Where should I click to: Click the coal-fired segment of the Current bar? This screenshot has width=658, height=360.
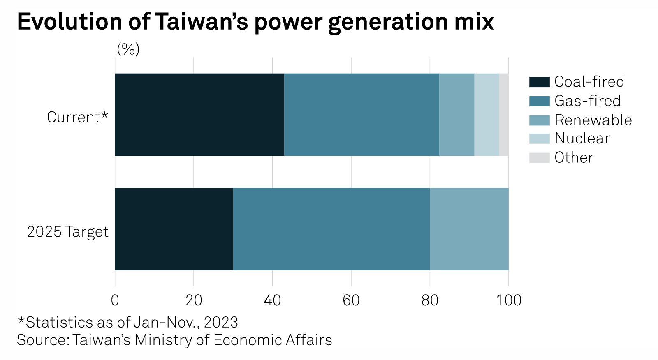(x=199, y=115)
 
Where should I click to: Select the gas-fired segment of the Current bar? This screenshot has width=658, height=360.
(x=361, y=115)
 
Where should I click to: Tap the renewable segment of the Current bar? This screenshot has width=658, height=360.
(x=456, y=115)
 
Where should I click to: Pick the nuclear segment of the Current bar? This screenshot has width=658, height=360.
(x=487, y=115)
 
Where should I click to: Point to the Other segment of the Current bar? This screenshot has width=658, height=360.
(x=504, y=115)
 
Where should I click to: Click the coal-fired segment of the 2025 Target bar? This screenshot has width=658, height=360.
(x=174, y=229)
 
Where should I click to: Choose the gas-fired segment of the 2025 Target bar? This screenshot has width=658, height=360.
(x=331, y=229)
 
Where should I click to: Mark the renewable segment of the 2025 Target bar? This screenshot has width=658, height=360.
(x=469, y=229)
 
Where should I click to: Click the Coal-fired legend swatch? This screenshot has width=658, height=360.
(x=539, y=82)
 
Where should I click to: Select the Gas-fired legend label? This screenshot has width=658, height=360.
(x=587, y=101)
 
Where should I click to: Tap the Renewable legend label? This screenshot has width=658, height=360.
(x=593, y=120)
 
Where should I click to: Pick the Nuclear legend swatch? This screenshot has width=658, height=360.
(x=539, y=138)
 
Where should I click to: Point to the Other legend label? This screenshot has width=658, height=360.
(x=574, y=157)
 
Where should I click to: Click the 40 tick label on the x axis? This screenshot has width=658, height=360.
(x=272, y=300)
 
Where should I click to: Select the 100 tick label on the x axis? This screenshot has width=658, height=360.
(x=509, y=300)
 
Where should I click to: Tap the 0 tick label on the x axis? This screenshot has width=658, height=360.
(x=115, y=300)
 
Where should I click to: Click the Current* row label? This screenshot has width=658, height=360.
(x=77, y=117)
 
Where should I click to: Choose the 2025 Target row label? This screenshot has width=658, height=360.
(x=68, y=232)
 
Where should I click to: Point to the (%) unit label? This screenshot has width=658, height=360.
(x=128, y=49)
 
